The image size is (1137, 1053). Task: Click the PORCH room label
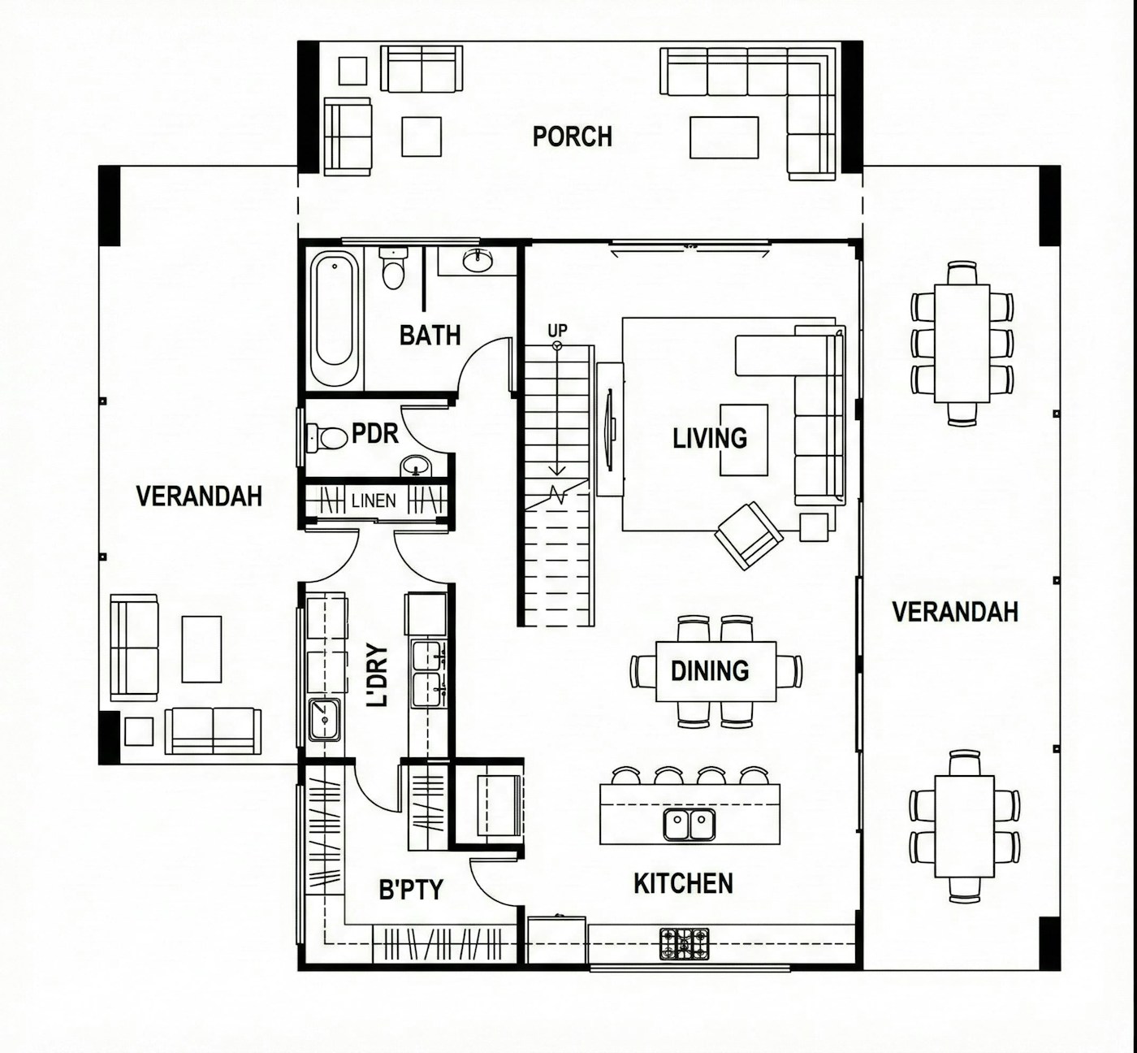572,136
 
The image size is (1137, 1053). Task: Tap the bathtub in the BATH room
335,318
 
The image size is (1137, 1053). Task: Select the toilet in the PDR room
326,438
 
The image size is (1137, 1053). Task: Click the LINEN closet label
374,500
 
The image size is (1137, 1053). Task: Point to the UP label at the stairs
557,331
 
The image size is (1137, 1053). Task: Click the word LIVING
710,438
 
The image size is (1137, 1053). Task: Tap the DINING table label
710,671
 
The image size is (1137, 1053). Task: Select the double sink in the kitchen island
690,825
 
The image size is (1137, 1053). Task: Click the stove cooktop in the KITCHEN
684,943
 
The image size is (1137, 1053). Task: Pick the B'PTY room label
411,890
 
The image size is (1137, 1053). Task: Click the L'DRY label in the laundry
378,676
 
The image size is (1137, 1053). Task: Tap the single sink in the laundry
325,720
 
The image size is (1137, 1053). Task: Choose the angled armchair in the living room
748,535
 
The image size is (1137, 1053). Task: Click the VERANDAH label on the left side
199,496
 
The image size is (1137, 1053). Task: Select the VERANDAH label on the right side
956,612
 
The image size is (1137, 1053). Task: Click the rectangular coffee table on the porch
724,137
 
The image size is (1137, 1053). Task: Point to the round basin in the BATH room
478,261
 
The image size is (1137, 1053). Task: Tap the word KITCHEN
684,883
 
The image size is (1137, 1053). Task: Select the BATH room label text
430,335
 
